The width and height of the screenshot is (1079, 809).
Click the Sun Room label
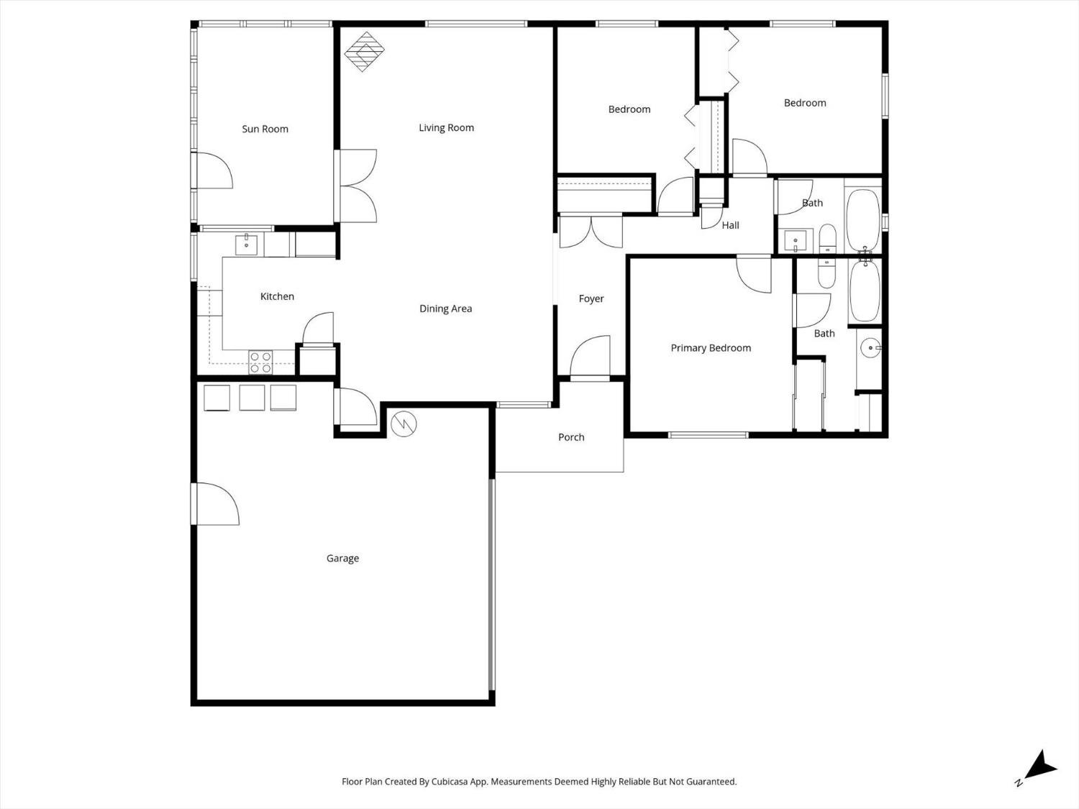click(265, 129)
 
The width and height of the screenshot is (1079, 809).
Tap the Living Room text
click(446, 128)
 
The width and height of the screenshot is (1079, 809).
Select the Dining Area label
click(445, 309)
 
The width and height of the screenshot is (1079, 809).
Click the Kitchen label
click(277, 296)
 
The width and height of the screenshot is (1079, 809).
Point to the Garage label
click(342, 559)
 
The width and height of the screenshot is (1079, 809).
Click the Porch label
click(571, 437)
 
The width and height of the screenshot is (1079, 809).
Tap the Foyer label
click(591, 299)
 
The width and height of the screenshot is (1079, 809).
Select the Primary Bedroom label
click(711, 348)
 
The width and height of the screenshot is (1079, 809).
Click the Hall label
click(730, 226)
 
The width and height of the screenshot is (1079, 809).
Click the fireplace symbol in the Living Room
click(364, 51)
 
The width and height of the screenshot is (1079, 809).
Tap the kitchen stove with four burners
click(260, 362)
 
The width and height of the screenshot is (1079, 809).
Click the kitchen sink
click(246, 244)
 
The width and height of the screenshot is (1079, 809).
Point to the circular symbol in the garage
click(404, 424)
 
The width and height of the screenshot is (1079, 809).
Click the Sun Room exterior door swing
click(214, 170)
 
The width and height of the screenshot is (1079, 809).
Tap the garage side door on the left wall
click(216, 504)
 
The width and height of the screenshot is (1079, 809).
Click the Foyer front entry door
click(590, 357)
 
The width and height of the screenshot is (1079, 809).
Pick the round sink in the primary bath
click(870, 348)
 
